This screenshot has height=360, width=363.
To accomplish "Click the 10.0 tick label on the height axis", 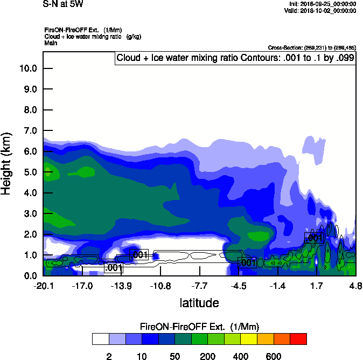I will pyautogui.click(x=27, y=68).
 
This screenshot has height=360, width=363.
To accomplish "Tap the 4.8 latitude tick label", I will pyautogui.click(x=355, y=286).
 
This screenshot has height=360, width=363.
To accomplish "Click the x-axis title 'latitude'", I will pyautogui.click(x=199, y=303).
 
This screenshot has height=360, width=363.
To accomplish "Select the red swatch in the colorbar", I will pyautogui.click(x=298, y=338).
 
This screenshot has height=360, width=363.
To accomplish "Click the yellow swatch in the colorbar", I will pyautogui.click(x=248, y=338).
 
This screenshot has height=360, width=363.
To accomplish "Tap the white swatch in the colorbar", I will pyautogui.click(x=100, y=338).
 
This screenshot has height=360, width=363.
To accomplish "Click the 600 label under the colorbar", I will pyautogui.click(x=274, y=356).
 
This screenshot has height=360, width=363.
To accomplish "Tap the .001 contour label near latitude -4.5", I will pyautogui.click(x=247, y=263).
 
